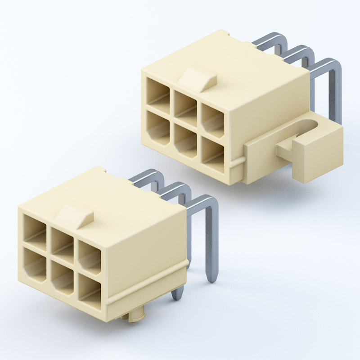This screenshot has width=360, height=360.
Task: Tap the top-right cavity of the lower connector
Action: pyautogui.click(x=90, y=256)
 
